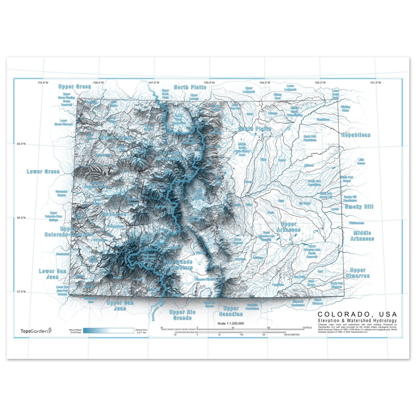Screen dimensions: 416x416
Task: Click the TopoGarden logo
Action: click(x=36, y=331)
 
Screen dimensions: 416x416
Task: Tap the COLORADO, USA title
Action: click(x=357, y=314)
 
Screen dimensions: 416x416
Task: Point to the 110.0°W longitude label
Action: click(x=43, y=83)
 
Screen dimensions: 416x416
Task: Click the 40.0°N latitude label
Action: click(x=21, y=144)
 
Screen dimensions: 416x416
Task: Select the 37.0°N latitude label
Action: click(x=21, y=292)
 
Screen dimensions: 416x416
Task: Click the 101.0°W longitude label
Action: click(x=375, y=83)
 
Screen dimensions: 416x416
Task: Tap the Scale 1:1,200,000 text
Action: click(x=231, y=323)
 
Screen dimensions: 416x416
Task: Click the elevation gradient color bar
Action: click(x=108, y=331)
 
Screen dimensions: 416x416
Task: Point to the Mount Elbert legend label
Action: click(x=75, y=331)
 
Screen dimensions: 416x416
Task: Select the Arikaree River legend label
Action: click(x=141, y=331)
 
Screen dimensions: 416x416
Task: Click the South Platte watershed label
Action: click(x=254, y=129)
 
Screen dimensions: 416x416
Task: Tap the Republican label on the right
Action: click(x=356, y=135)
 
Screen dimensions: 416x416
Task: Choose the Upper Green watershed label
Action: click(x=75, y=87)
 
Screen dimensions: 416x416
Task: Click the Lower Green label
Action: click(x=43, y=172)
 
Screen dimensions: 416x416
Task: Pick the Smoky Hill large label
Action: click(x=359, y=207)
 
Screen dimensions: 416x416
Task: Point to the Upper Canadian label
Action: click(x=231, y=311)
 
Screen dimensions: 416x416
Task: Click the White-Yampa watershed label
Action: click(x=117, y=138)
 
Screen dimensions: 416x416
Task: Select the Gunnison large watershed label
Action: click(x=114, y=214)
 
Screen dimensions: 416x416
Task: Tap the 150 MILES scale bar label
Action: click(x=307, y=327)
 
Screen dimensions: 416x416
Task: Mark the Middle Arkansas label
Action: click(x=362, y=236)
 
